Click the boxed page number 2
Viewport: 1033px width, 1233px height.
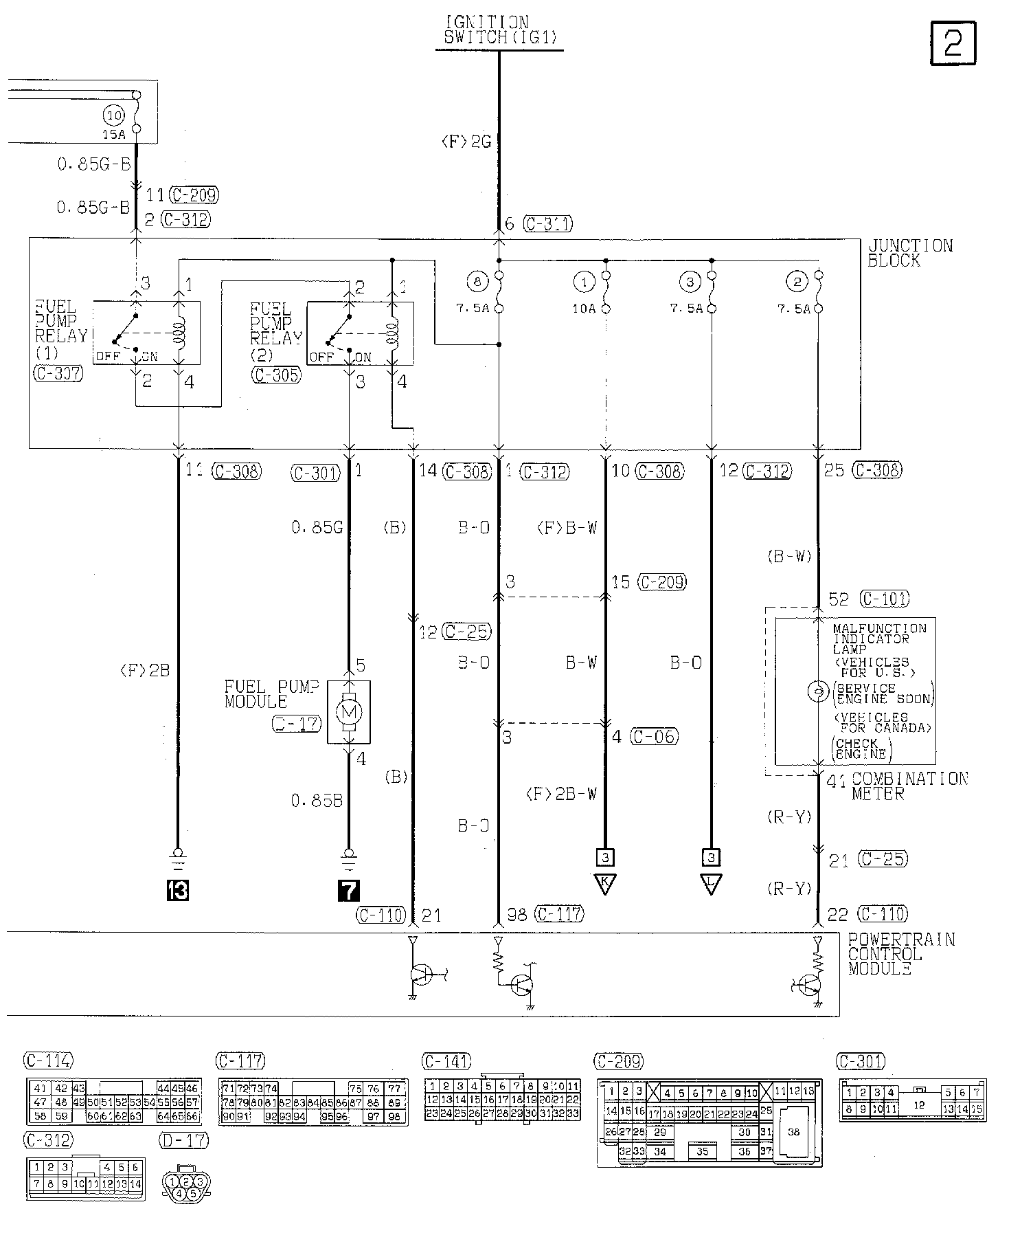coord(953,43)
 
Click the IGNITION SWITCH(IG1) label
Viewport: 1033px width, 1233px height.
coord(499,31)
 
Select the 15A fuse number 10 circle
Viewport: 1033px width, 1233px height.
coord(114,115)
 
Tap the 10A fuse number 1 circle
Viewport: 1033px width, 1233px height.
coord(584,281)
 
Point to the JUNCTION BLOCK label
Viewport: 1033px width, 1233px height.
coord(910,253)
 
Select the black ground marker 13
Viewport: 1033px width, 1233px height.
coord(177,891)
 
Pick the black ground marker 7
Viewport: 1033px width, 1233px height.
coord(348,891)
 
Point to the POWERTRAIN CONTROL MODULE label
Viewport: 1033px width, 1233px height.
coord(900,954)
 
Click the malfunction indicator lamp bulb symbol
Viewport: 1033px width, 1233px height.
coord(817,692)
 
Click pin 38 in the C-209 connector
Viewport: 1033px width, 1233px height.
coord(793,1132)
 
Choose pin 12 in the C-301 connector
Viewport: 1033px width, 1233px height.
coord(919,1105)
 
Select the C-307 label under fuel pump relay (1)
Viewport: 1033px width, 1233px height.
coord(58,373)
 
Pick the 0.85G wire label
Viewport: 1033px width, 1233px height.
coord(317,528)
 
